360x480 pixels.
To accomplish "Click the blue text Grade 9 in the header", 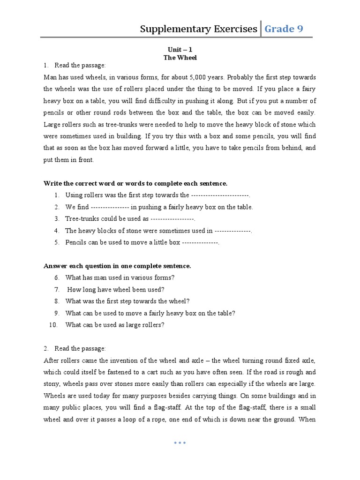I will (x=284, y=29).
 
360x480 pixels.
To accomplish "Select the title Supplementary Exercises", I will (x=198, y=29).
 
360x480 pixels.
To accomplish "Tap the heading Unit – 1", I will (x=180, y=49).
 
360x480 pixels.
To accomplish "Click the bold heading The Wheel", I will (x=180, y=58).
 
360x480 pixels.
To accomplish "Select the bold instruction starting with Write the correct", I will (x=135, y=183).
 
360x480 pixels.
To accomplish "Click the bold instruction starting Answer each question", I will (x=117, y=266).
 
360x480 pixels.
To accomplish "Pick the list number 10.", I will (x=53, y=325).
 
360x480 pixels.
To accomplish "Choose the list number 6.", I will (x=56, y=278).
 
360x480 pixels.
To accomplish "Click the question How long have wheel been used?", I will (x=115, y=290).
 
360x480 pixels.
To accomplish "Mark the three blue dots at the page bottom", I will (x=180, y=442).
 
